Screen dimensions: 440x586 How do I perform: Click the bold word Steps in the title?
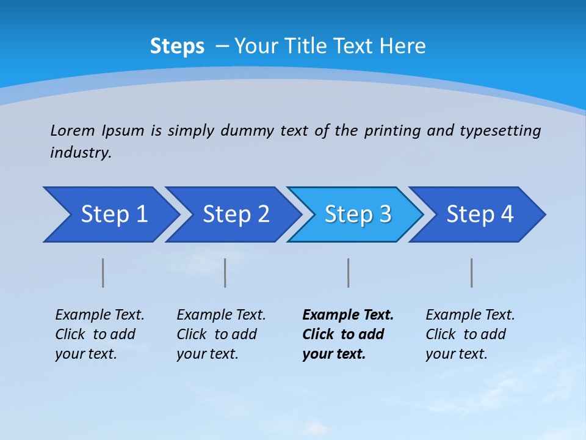click(177, 46)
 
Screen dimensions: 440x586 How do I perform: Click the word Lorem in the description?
click(73, 131)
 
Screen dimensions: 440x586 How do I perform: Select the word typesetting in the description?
click(500, 131)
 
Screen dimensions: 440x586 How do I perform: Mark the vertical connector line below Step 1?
click(103, 273)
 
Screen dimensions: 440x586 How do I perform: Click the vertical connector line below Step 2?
click(225, 273)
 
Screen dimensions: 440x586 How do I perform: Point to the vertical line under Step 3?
click(348, 273)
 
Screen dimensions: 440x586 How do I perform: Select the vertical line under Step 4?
click(471, 273)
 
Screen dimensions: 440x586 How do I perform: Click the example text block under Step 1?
click(99, 334)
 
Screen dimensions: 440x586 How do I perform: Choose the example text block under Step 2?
click(221, 334)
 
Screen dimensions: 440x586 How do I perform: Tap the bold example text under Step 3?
click(348, 334)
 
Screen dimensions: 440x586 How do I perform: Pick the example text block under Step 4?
click(470, 334)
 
